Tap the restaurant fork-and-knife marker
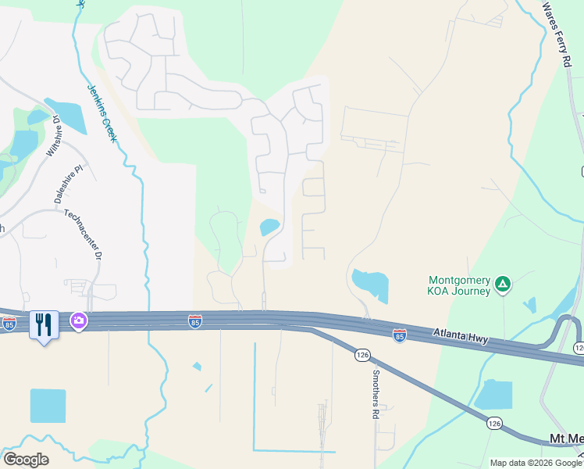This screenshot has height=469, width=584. point(44,324)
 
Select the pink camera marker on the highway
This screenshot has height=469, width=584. point(79,320)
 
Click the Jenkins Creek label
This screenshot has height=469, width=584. point(102,113)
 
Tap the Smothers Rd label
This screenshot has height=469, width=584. point(376,395)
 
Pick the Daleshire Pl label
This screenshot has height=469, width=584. point(68,184)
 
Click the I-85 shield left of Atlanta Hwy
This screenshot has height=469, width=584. point(400,335)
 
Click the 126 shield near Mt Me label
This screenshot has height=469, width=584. point(493,423)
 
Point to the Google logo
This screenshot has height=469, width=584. point(26,460)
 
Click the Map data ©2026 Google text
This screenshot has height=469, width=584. point(536,463)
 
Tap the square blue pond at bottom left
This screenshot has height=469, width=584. point(48,406)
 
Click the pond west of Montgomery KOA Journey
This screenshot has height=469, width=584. point(370,284)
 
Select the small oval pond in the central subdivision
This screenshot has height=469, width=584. point(269,227)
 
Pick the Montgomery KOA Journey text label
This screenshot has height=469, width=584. point(460,285)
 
